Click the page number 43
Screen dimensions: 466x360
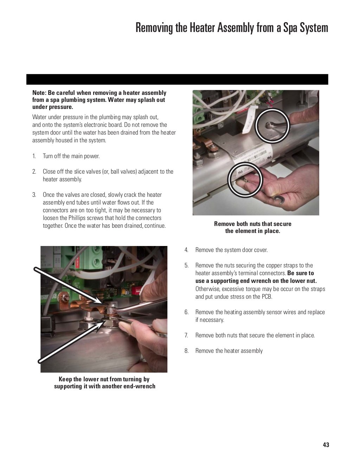pyautogui.click(x=326, y=445)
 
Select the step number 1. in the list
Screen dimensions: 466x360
pyautogui.click(x=34, y=156)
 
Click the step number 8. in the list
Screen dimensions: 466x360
pyautogui.click(x=187, y=351)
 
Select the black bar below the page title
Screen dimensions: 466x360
pyautogui.click(x=177, y=79)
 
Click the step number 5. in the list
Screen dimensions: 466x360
pyautogui.click(x=187, y=266)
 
